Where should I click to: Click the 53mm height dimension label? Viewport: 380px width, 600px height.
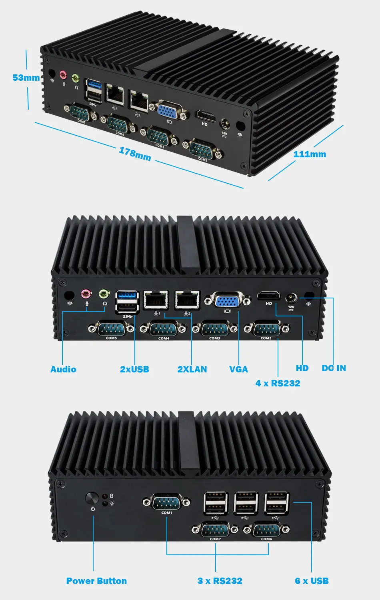[26, 78]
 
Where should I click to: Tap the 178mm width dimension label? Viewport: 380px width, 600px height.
[135, 154]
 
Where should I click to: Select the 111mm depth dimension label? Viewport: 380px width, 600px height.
[310, 154]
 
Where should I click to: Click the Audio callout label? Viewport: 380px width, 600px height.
[63, 369]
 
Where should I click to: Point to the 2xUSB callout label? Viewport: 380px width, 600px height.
[134, 369]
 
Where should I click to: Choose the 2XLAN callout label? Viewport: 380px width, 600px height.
[192, 369]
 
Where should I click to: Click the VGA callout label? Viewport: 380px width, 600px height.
[238, 369]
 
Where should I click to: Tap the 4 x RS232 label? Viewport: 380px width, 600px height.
[278, 383]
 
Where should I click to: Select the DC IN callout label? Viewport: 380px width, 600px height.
[334, 368]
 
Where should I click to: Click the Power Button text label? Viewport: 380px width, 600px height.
[96, 581]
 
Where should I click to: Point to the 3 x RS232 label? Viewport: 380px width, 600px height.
[220, 581]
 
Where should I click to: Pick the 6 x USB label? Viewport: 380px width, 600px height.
[312, 581]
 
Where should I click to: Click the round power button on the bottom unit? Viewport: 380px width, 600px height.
[92, 499]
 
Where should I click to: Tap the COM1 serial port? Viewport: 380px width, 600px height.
[167, 502]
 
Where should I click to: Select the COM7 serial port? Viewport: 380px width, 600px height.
[215, 530]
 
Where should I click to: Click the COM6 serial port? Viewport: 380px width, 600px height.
[266, 530]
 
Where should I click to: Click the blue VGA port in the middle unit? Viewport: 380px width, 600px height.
[227, 300]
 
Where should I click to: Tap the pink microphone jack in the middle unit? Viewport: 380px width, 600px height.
[86, 295]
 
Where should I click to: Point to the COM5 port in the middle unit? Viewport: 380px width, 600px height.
[112, 329]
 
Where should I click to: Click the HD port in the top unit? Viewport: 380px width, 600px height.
[205, 116]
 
